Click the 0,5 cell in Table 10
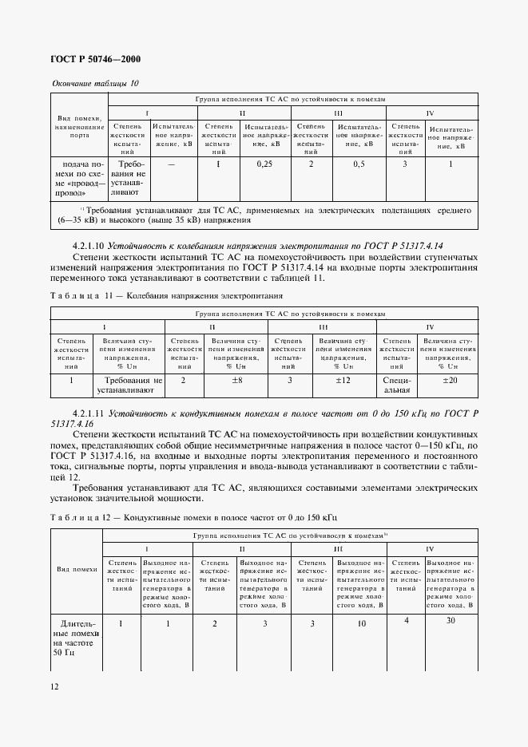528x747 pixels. (359, 164)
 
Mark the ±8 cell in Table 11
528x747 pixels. (236, 381)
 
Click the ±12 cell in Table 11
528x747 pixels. (343, 381)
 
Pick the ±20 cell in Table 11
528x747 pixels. (451, 381)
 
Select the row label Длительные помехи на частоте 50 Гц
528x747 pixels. (75, 638)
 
